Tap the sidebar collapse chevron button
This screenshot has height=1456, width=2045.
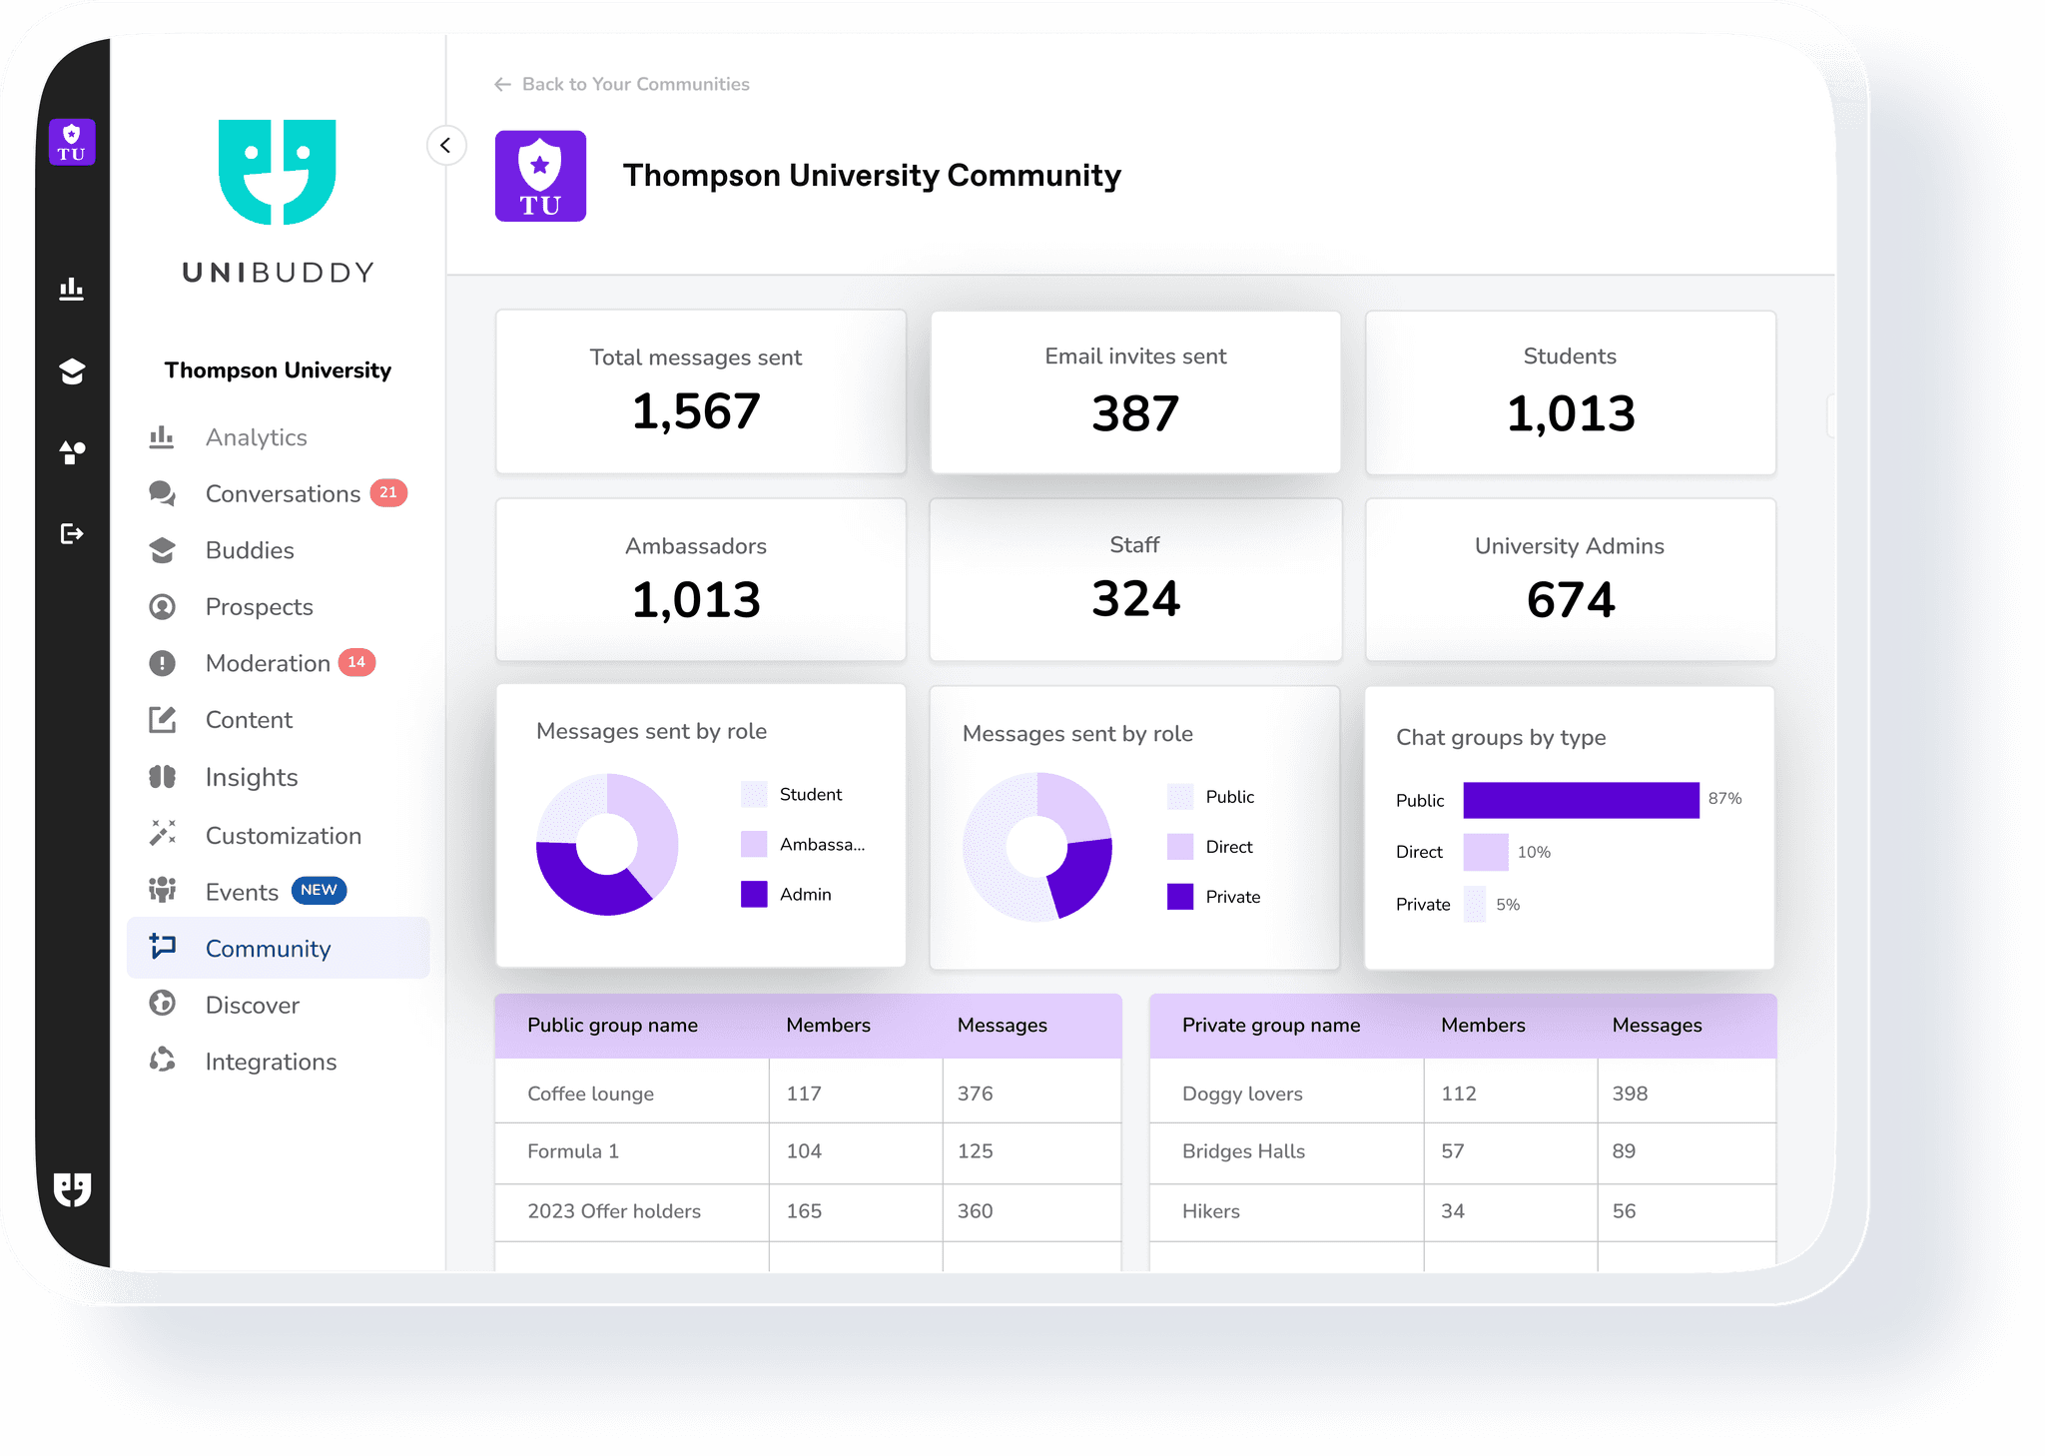pos(445,146)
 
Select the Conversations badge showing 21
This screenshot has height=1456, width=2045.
pos(388,492)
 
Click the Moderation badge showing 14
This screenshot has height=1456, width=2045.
pos(356,662)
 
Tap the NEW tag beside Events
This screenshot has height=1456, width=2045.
pos(319,890)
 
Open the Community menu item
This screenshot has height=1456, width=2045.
pos(268,949)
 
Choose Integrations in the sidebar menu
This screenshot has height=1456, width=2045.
pos(270,1062)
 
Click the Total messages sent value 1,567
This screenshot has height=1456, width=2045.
pos(696,412)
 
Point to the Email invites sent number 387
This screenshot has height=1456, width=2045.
pos(1134,414)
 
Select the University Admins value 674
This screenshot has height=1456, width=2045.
pos(1570,600)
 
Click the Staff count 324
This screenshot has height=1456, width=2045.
pos(1134,599)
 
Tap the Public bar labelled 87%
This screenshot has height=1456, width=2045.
pos(1581,800)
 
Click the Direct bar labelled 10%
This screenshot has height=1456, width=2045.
pos(1485,852)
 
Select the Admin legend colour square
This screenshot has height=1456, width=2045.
pos(754,894)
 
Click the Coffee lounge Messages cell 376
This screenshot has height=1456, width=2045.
pos(975,1093)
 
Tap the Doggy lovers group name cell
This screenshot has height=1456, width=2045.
pos(1242,1093)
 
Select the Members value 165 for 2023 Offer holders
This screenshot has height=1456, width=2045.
pos(804,1211)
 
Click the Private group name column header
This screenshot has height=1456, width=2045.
pos(1270,1026)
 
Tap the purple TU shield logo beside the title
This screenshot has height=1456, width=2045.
pos(540,177)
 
